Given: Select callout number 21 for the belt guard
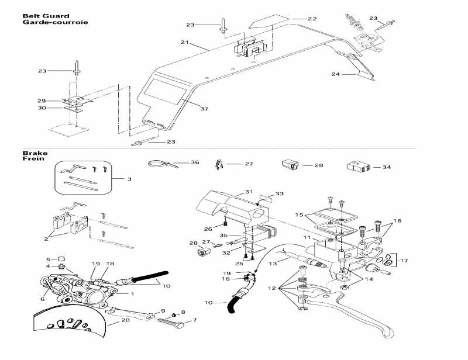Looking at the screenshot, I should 185,43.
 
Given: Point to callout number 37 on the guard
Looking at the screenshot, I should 204,109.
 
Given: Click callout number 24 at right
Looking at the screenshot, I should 335,74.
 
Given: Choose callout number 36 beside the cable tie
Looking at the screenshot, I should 195,162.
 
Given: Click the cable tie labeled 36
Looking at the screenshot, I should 157,164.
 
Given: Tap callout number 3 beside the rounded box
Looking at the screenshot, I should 122,178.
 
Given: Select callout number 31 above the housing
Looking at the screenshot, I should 248,192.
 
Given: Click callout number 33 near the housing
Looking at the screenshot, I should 279,193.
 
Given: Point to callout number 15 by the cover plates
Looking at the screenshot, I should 300,216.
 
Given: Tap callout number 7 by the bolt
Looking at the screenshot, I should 195,320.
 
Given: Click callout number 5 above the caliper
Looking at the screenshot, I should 48,259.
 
